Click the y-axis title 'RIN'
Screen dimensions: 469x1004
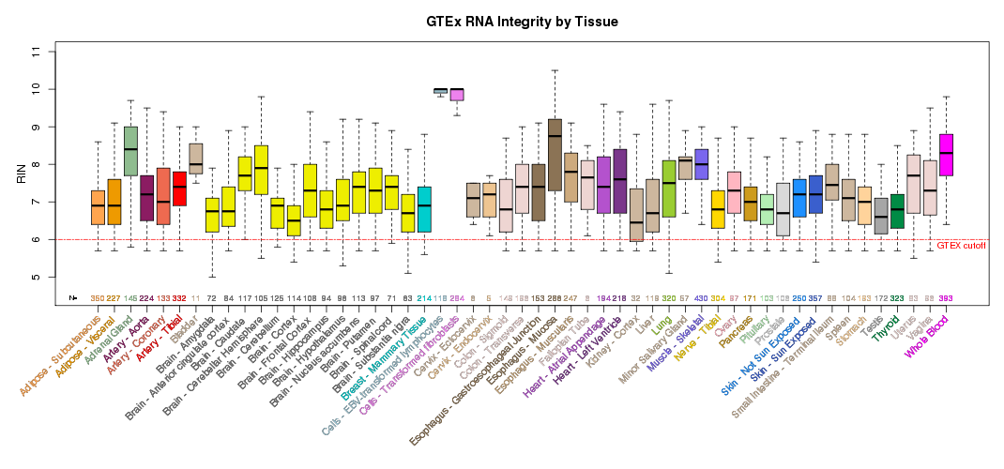(22, 174)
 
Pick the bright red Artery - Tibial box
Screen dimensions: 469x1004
(179, 189)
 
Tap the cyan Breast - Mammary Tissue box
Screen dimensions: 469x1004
(423, 209)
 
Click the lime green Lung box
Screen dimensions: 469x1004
(669, 189)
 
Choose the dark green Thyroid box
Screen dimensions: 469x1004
(897, 211)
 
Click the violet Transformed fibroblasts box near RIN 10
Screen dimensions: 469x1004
(457, 94)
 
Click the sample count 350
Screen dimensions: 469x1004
(98, 298)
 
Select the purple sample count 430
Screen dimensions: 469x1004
(701, 298)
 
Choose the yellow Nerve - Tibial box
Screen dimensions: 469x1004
(718, 209)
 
